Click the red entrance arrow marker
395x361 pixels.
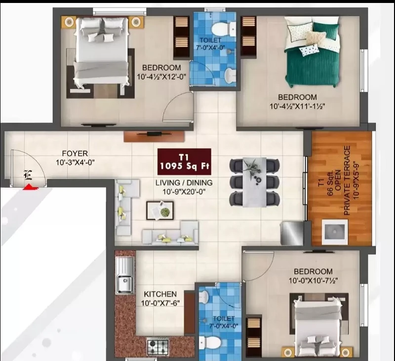[30, 187]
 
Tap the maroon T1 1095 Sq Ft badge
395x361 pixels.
[184, 161]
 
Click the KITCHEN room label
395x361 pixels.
[160, 294]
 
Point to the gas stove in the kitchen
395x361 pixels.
[158, 346]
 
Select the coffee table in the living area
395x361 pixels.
[160, 210]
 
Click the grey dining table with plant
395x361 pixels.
[255, 182]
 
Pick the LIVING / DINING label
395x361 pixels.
[184, 183]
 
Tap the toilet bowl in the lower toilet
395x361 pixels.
[211, 343]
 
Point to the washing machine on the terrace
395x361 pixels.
[335, 232]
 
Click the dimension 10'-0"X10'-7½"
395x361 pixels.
[313, 281]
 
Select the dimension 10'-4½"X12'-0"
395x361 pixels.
[161, 77]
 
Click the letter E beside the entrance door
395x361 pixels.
[28, 175]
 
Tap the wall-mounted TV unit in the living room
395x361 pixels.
[154, 136]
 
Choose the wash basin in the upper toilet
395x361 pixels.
[230, 75]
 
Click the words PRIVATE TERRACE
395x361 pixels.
[347, 180]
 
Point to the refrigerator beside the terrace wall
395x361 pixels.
[292, 233]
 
